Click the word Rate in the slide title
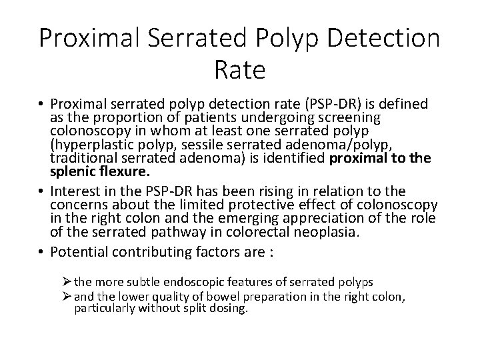pos(240,69)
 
